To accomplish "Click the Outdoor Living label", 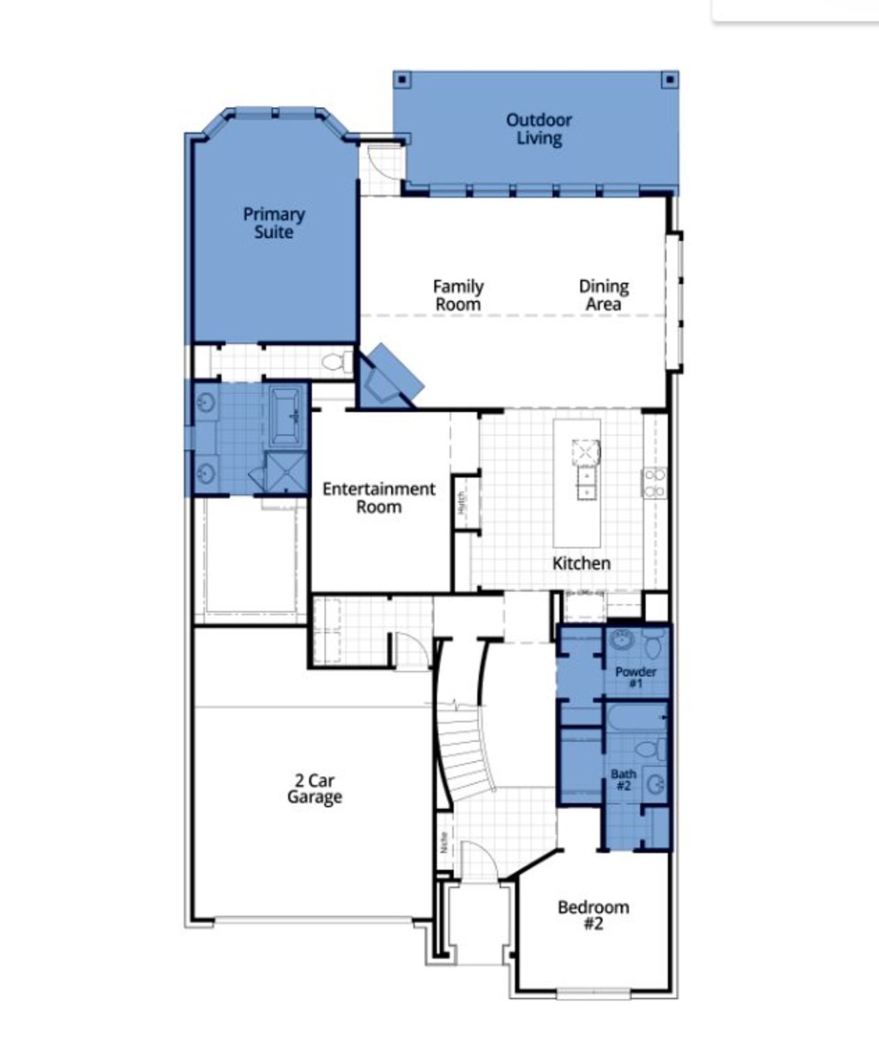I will tap(538, 129).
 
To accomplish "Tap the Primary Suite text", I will tap(273, 223).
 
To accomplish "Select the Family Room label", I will tap(458, 295).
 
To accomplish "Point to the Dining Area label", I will tap(604, 295).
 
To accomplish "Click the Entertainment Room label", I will tap(379, 498).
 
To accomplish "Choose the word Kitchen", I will tap(581, 563).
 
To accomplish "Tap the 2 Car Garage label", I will tap(315, 789).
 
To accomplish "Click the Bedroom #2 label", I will tap(593, 915).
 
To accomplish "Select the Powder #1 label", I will tap(635, 677).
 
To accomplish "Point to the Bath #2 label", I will tap(623, 780).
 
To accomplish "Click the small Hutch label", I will tap(461, 502).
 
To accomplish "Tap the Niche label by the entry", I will tap(444, 842).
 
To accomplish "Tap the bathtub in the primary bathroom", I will tap(288, 416).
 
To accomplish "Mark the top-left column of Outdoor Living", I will tap(403, 80).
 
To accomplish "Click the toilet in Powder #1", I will tap(653, 646).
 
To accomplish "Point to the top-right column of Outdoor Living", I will tap(669, 80).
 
